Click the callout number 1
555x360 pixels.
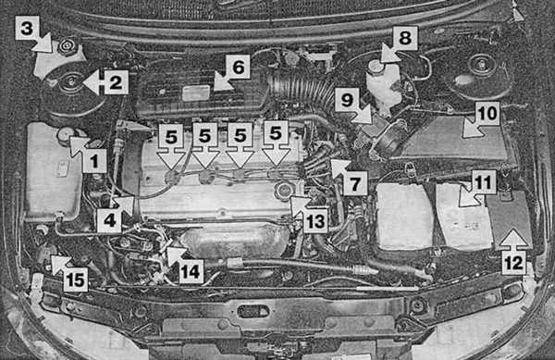click(94, 162)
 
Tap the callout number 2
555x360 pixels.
click(116, 82)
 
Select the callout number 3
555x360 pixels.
click(27, 28)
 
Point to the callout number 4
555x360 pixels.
click(109, 220)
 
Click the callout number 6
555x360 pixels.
click(239, 67)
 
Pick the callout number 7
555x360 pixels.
click(354, 183)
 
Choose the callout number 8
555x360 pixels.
click(405, 38)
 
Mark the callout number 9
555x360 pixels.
click(347, 100)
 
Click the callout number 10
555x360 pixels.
click(487, 114)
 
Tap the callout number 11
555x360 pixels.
click(484, 182)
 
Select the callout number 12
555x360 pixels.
click(513, 263)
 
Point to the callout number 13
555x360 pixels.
click(315, 221)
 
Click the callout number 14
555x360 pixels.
click(191, 271)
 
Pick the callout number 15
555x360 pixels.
click(76, 279)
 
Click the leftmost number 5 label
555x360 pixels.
click(171, 136)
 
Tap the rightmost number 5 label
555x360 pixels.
click(276, 133)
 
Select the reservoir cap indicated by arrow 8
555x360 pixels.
click(375, 67)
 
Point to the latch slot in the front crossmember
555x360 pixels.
click(253, 312)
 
